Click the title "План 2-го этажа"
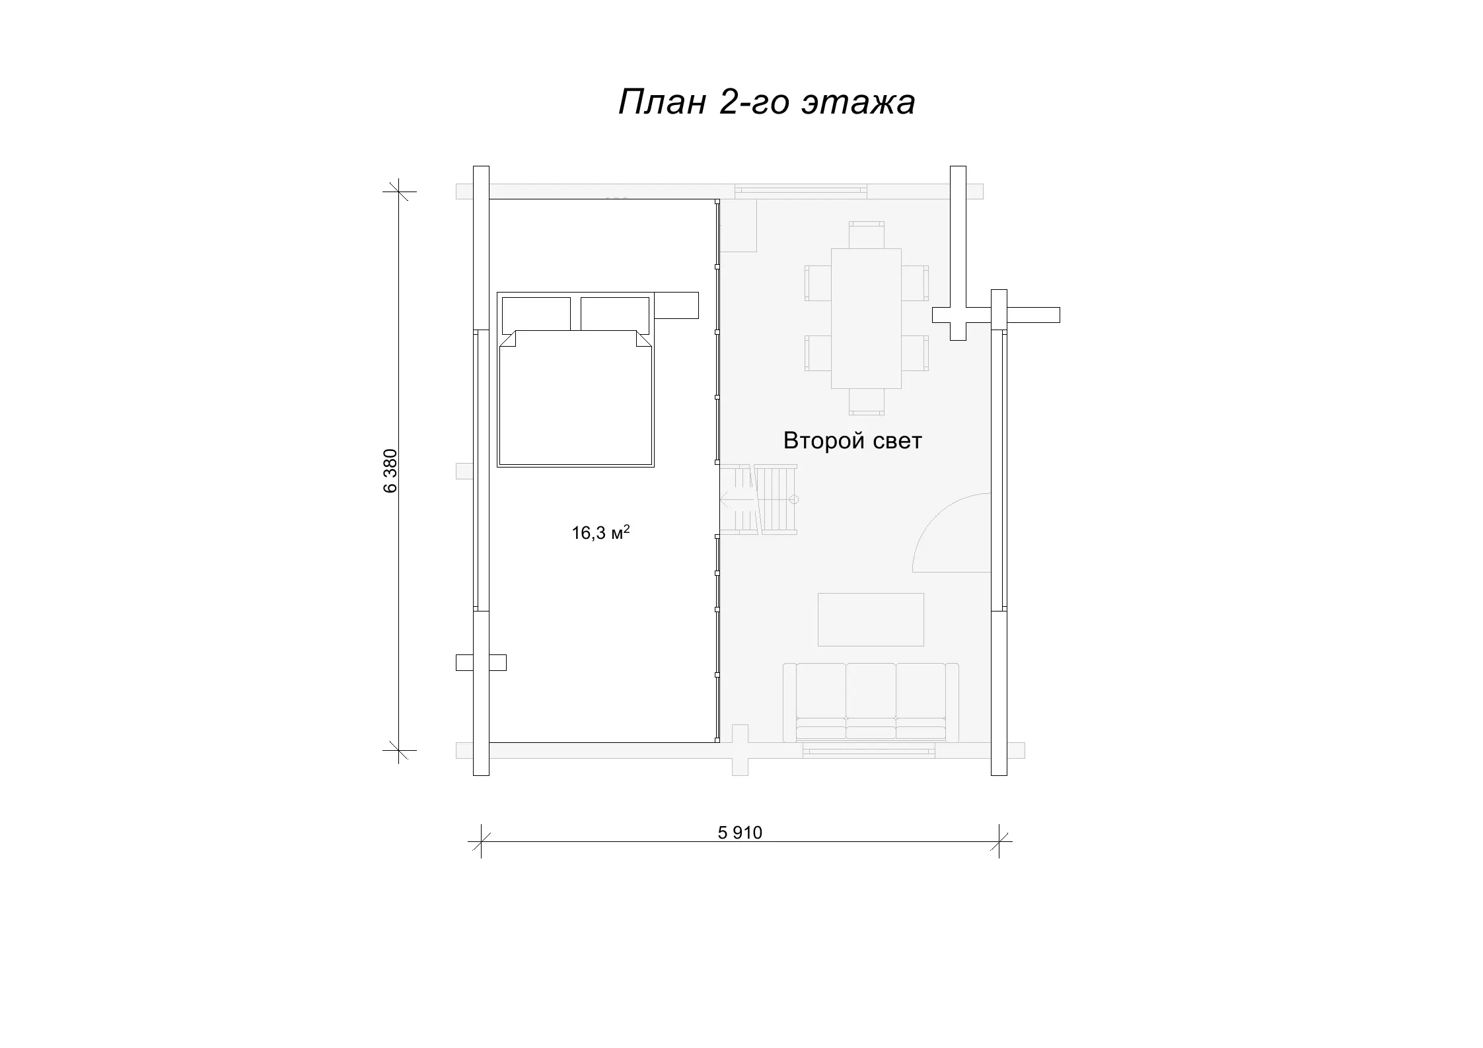pyautogui.click(x=766, y=102)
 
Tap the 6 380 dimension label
pyautogui.click(x=390, y=471)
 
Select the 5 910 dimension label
pyautogui.click(x=740, y=833)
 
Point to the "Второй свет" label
pyautogui.click(x=852, y=440)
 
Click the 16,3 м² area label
pyautogui.click(x=600, y=532)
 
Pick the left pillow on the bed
pyautogui.click(x=536, y=314)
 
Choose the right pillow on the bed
pyautogui.click(x=615, y=314)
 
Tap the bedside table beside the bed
pyautogui.click(x=676, y=305)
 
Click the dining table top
pyautogui.click(x=866, y=318)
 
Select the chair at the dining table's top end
pyautogui.click(x=867, y=235)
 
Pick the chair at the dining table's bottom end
pyautogui.click(x=867, y=402)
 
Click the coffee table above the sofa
pyautogui.click(x=871, y=619)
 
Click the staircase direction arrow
pyautogui.click(x=736, y=500)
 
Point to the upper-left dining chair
pyautogui.click(x=818, y=283)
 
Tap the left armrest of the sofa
pyautogui.click(x=789, y=703)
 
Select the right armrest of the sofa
pyautogui.click(x=952, y=703)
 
